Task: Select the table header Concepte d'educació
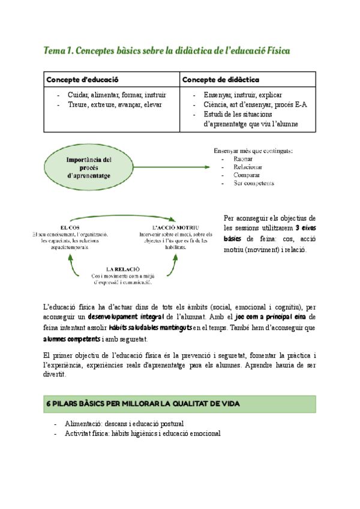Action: coord(83,79)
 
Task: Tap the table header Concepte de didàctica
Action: coord(220,79)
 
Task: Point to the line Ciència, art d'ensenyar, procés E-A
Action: coord(255,104)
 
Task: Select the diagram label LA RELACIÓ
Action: coord(123,268)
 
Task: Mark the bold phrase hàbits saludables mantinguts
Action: coord(151,327)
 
